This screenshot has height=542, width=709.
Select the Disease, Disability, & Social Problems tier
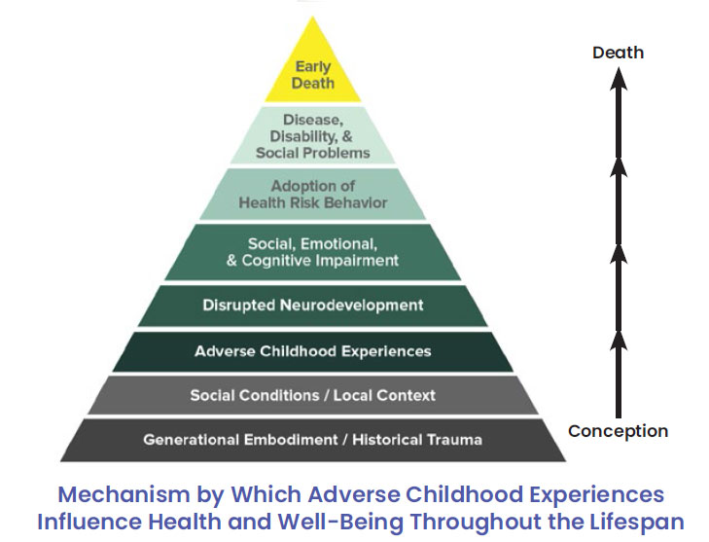tap(313, 135)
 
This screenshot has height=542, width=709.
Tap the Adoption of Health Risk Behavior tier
tap(313, 194)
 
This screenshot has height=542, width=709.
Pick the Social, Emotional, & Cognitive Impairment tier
tap(313, 252)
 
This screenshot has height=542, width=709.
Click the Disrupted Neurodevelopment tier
tap(313, 306)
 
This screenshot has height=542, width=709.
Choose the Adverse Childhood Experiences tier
tap(313, 351)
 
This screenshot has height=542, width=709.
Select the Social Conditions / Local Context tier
tap(313, 395)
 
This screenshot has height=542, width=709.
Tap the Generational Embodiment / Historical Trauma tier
tap(313, 440)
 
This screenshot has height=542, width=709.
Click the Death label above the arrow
tap(619, 53)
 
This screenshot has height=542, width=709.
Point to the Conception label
tap(619, 432)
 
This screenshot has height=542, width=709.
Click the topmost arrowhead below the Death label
tap(619, 79)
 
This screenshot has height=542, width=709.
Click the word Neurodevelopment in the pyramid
tap(352, 306)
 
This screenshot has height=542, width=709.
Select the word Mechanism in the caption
tap(124, 494)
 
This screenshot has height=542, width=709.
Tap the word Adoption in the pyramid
tap(300, 186)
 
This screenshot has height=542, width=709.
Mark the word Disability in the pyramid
tap(303, 136)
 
